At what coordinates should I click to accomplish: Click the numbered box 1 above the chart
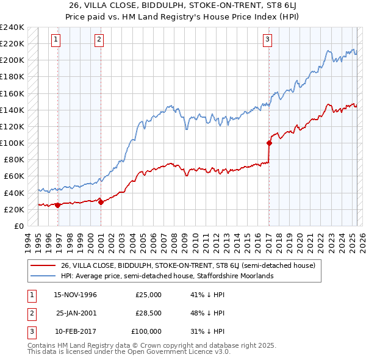click(56, 40)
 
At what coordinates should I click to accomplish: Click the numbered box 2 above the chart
click(99, 40)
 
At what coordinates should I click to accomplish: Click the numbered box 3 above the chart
click(267, 40)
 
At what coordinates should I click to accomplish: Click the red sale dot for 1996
click(58, 205)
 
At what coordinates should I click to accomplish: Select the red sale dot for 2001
click(101, 203)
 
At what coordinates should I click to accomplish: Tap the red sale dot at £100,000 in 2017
click(269, 143)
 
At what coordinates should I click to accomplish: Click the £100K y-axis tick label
click(12, 143)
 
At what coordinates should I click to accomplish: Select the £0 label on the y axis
click(18, 226)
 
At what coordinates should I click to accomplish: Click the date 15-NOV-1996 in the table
click(75, 295)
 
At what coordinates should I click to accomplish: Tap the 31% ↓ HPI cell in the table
click(207, 331)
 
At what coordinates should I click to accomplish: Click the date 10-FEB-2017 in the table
click(75, 331)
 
